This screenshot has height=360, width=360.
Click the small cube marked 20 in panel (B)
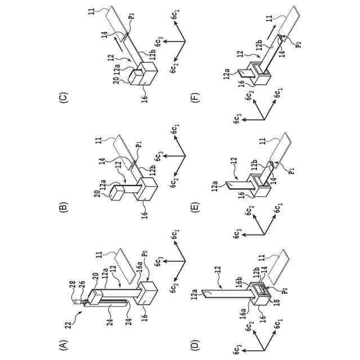119,193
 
